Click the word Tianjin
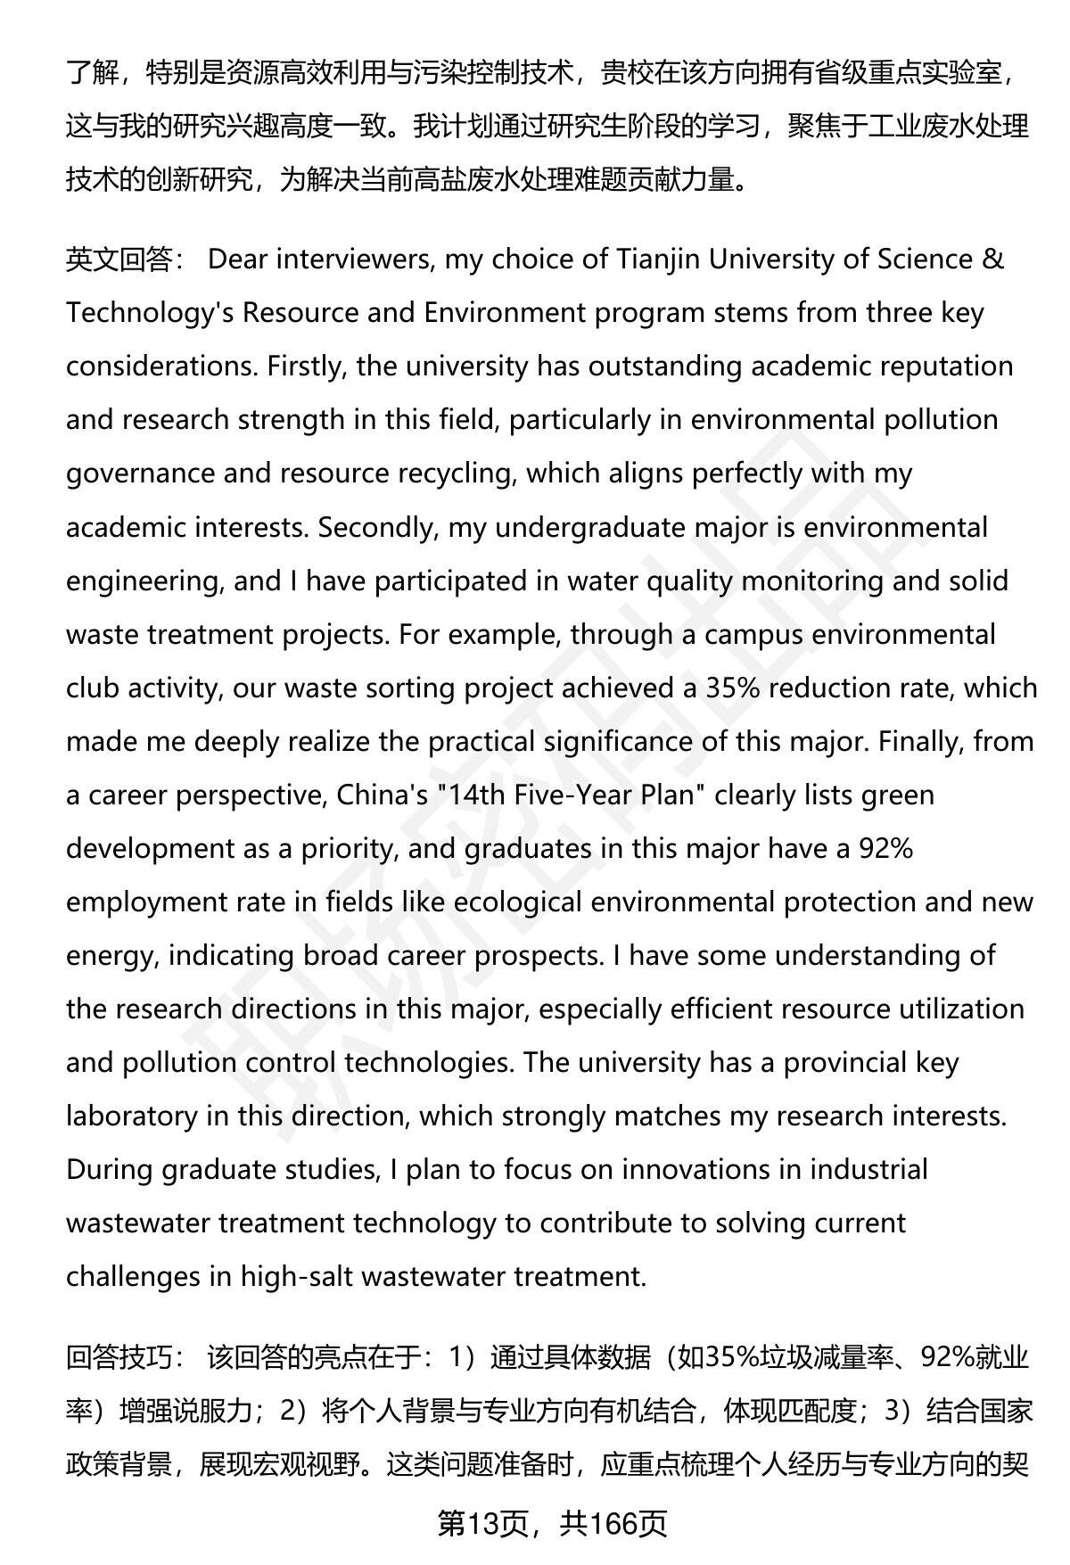pyautogui.click(x=658, y=259)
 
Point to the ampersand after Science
pyautogui.click(x=992, y=259)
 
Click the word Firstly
pyautogui.click(x=305, y=367)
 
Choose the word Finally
pyautogui.click(x=921, y=741)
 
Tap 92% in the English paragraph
pyautogui.click(x=885, y=848)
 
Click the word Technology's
pyautogui.click(x=150, y=313)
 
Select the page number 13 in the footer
pyautogui.click(x=481, y=1524)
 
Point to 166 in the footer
pyautogui.click(x=617, y=1524)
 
